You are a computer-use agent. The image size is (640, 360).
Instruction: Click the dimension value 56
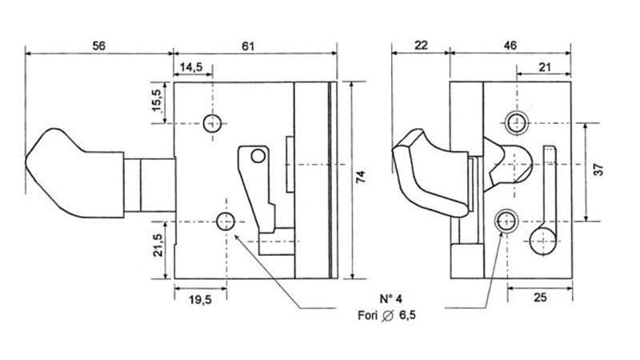point(98,46)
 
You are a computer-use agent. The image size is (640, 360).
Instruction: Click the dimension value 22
point(419,46)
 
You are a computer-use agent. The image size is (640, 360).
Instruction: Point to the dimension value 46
point(510,46)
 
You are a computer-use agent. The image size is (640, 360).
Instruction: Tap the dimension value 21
point(544,69)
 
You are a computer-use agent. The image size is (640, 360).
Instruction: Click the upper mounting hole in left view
point(212,123)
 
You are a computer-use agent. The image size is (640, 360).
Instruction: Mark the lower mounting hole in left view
point(226,221)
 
